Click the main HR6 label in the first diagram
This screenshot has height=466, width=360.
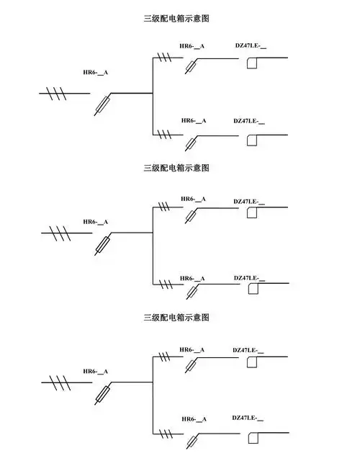(96, 73)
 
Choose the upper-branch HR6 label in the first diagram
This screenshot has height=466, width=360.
(192, 47)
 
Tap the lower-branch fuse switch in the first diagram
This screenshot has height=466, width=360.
(191, 143)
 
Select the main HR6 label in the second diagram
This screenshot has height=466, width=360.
(95, 222)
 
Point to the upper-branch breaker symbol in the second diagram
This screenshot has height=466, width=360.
(252, 212)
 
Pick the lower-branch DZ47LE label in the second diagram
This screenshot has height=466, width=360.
(249, 277)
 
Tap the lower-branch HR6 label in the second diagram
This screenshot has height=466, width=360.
(192, 278)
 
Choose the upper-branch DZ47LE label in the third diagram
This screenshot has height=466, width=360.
(248, 350)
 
